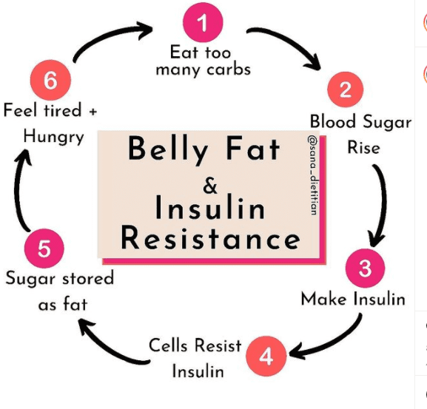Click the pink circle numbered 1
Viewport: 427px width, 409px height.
click(203, 23)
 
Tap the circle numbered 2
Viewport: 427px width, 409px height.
click(346, 89)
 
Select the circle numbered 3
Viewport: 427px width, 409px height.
click(365, 268)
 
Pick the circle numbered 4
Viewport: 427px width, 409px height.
click(266, 356)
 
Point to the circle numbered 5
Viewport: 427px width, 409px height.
click(44, 249)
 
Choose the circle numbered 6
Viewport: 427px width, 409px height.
click(50, 80)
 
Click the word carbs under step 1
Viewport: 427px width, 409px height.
click(229, 70)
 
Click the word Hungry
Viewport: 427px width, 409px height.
click(53, 137)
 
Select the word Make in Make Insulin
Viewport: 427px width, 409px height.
click(323, 299)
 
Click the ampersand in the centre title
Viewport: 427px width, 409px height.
click(210, 186)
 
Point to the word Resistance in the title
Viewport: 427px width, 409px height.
click(210, 238)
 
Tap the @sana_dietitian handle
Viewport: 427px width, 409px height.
click(312, 175)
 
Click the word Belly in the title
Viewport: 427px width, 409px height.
click(168, 149)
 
